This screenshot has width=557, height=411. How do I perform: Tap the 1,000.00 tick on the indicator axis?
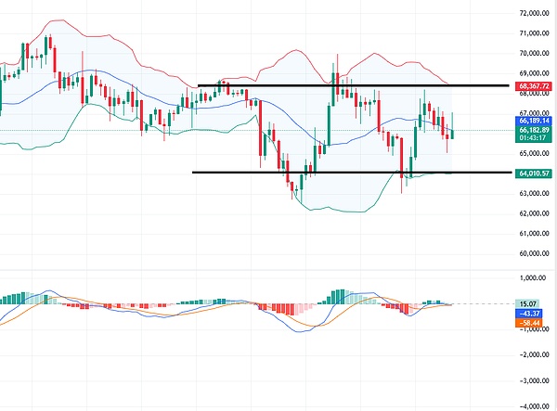coord(533,277)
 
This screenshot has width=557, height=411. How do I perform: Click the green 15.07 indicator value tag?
coord(529,303)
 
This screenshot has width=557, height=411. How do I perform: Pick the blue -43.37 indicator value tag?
coord(531,313)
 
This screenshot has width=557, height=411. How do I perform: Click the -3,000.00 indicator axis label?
coord(532,380)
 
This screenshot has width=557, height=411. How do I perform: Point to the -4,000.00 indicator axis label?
coord(532,405)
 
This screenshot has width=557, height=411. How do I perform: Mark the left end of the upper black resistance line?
coord(199,85)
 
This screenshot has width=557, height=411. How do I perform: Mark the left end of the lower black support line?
coord(192,173)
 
